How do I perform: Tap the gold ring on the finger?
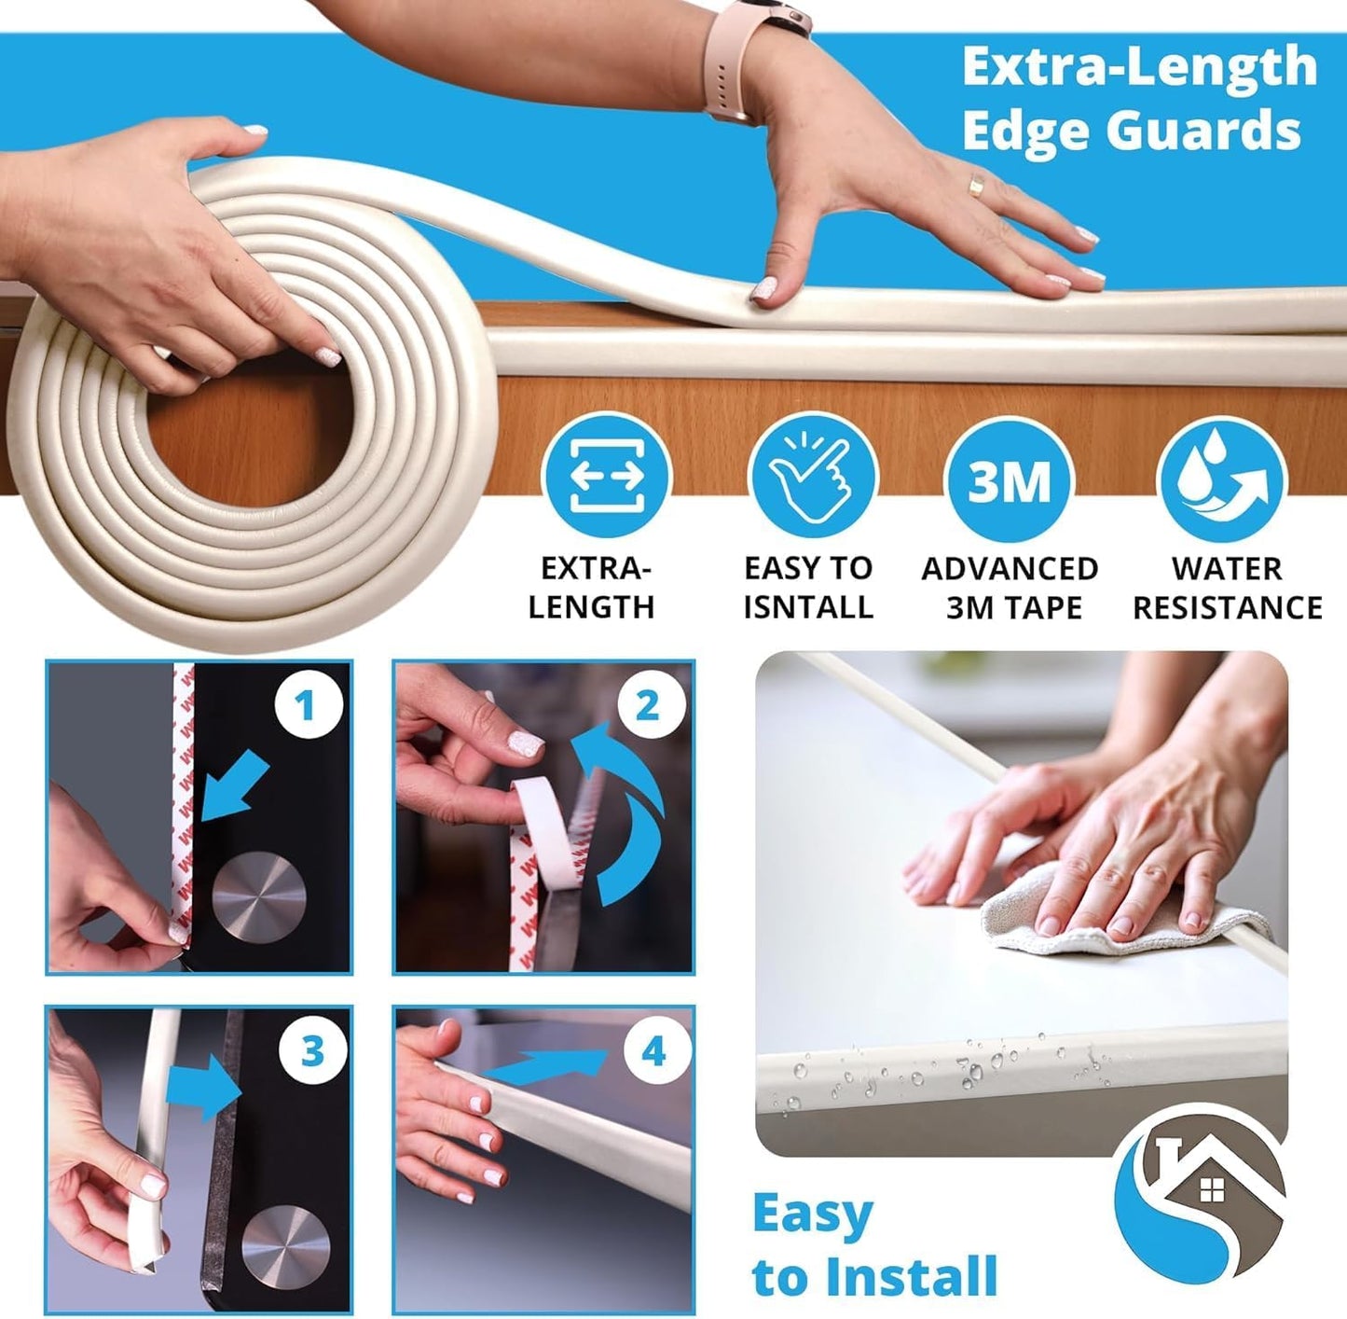[975, 185]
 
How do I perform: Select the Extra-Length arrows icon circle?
[607, 476]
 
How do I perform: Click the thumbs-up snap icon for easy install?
[812, 476]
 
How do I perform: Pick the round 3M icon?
[1009, 479]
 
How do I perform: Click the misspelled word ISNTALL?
[808, 607]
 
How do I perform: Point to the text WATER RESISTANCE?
[1227, 588]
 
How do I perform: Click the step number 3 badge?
[312, 1052]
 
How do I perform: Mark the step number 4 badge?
[653, 1052]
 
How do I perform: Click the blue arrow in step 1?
[232, 789]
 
